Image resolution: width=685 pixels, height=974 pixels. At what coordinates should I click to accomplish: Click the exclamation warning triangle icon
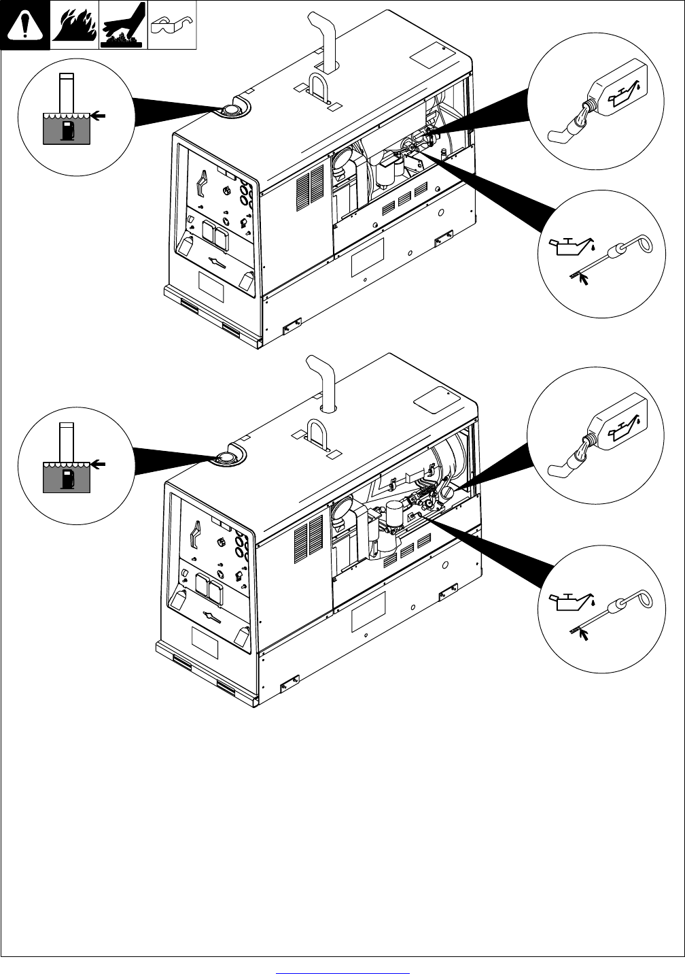point(25,25)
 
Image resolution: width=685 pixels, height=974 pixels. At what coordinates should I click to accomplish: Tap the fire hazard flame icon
point(75,25)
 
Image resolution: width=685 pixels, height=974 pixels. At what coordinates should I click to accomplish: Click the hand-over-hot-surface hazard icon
point(124,25)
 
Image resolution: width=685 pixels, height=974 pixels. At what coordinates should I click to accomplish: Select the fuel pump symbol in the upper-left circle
point(66,131)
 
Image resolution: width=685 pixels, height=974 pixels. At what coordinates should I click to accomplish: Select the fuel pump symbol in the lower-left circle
point(66,478)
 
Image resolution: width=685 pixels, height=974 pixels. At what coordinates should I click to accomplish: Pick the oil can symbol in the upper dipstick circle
point(567,246)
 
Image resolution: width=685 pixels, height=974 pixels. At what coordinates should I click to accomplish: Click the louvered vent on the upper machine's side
point(311,188)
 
